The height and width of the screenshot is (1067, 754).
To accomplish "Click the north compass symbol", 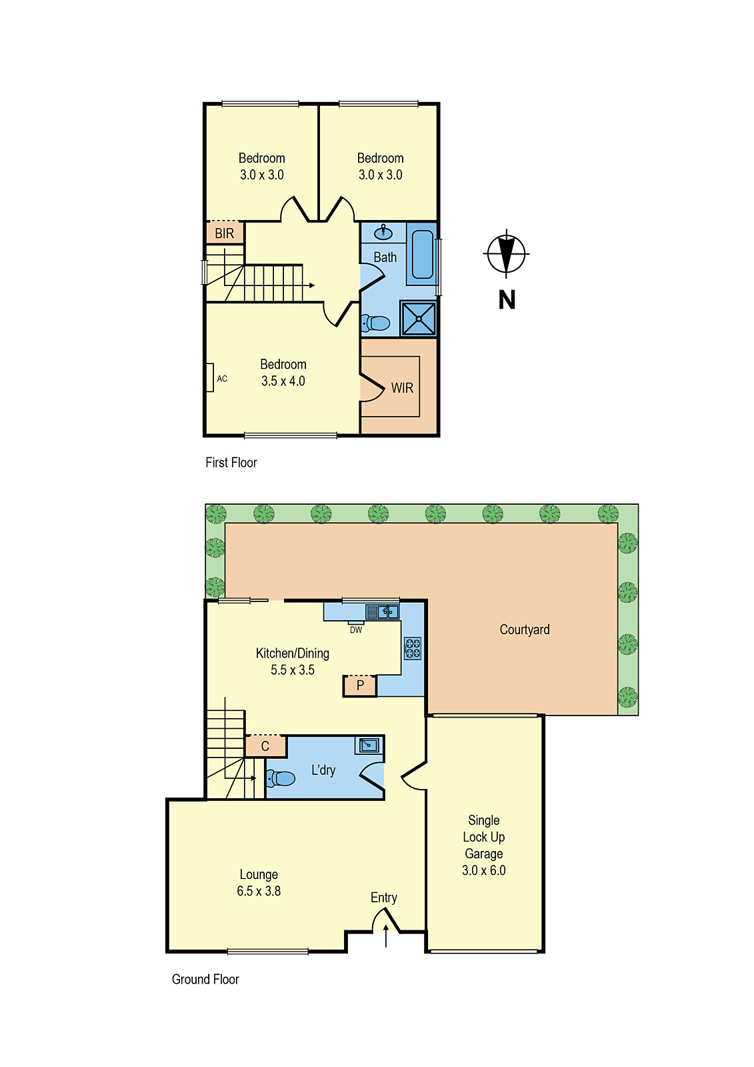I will click(506, 254).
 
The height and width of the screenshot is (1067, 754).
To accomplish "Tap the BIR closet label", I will click(225, 233).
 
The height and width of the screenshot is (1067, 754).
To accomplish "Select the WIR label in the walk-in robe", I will click(402, 388).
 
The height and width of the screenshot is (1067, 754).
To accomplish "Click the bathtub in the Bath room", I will click(422, 254).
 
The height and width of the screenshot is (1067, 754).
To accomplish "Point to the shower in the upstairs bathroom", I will click(418, 319).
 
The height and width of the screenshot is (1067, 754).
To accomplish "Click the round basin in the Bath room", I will click(383, 233).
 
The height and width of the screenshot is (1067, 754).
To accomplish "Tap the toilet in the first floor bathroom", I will click(376, 323).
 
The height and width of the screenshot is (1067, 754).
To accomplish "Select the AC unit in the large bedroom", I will click(210, 377).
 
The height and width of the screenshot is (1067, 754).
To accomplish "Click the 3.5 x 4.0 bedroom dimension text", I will click(283, 381).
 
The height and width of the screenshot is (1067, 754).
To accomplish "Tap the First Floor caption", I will click(231, 462).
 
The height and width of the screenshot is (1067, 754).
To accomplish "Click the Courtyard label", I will click(525, 630).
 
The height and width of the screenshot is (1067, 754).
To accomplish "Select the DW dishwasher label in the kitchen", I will click(356, 630).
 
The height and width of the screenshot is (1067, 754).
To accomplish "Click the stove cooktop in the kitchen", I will click(413, 648).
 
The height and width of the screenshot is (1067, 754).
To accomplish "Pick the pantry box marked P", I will click(360, 686).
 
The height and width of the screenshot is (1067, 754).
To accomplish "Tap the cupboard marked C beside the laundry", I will click(265, 746).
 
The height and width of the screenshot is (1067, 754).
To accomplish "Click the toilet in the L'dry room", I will click(281, 778).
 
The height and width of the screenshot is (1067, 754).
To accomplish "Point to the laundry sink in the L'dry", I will click(369, 745).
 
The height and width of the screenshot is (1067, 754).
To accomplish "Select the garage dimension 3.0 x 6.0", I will click(484, 870).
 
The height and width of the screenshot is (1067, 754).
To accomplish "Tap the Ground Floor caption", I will click(205, 979).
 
